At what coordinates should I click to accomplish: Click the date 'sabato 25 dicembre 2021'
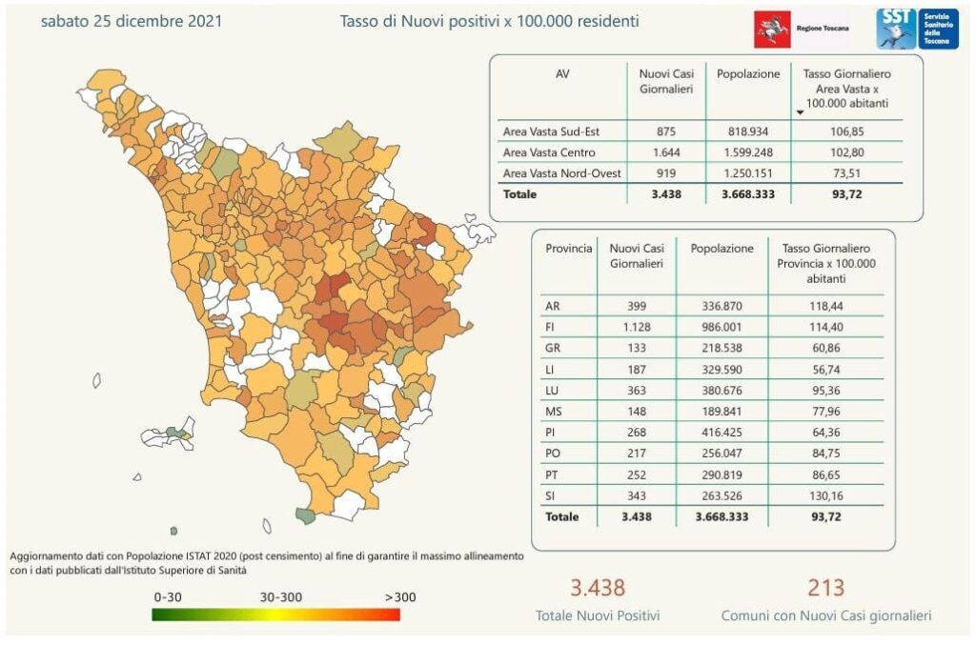pyautogui.click(x=132, y=20)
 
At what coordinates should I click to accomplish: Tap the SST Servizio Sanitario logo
pyautogui.click(x=917, y=29)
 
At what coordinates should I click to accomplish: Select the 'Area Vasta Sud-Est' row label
pyautogui.click(x=550, y=131)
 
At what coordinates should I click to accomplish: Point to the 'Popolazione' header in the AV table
pyautogui.click(x=748, y=74)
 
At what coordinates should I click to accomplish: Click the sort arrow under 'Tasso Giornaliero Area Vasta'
pyautogui.click(x=800, y=112)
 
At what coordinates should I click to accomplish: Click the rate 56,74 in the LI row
pyautogui.click(x=825, y=369)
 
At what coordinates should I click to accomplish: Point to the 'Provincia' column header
pyautogui.click(x=568, y=249)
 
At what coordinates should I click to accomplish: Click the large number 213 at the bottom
pyautogui.click(x=825, y=588)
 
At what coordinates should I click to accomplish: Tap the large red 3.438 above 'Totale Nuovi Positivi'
pyautogui.click(x=597, y=588)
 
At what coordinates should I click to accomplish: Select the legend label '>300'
pyautogui.click(x=401, y=597)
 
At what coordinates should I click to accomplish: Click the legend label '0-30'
pyautogui.click(x=168, y=597)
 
